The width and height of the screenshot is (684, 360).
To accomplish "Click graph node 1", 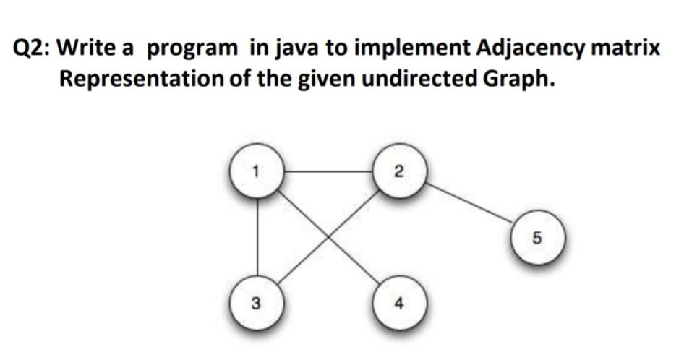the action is (257, 171).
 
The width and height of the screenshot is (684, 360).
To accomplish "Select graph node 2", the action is (399, 171).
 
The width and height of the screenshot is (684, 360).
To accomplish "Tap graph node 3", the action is (257, 302).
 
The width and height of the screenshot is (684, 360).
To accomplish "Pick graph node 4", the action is (399, 302).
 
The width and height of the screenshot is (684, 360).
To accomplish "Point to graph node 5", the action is (538, 238).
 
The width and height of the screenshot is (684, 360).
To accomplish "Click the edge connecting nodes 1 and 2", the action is (328, 171).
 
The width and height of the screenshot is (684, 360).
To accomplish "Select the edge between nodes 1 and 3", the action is (257, 237).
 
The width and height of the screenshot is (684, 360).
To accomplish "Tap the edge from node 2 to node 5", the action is (469, 203).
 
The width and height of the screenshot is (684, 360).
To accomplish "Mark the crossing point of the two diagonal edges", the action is (328, 236).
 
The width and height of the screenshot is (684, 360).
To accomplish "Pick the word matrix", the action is (625, 47).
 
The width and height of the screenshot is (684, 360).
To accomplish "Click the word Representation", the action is (141, 80).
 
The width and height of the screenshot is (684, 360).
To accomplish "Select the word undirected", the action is (419, 79).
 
